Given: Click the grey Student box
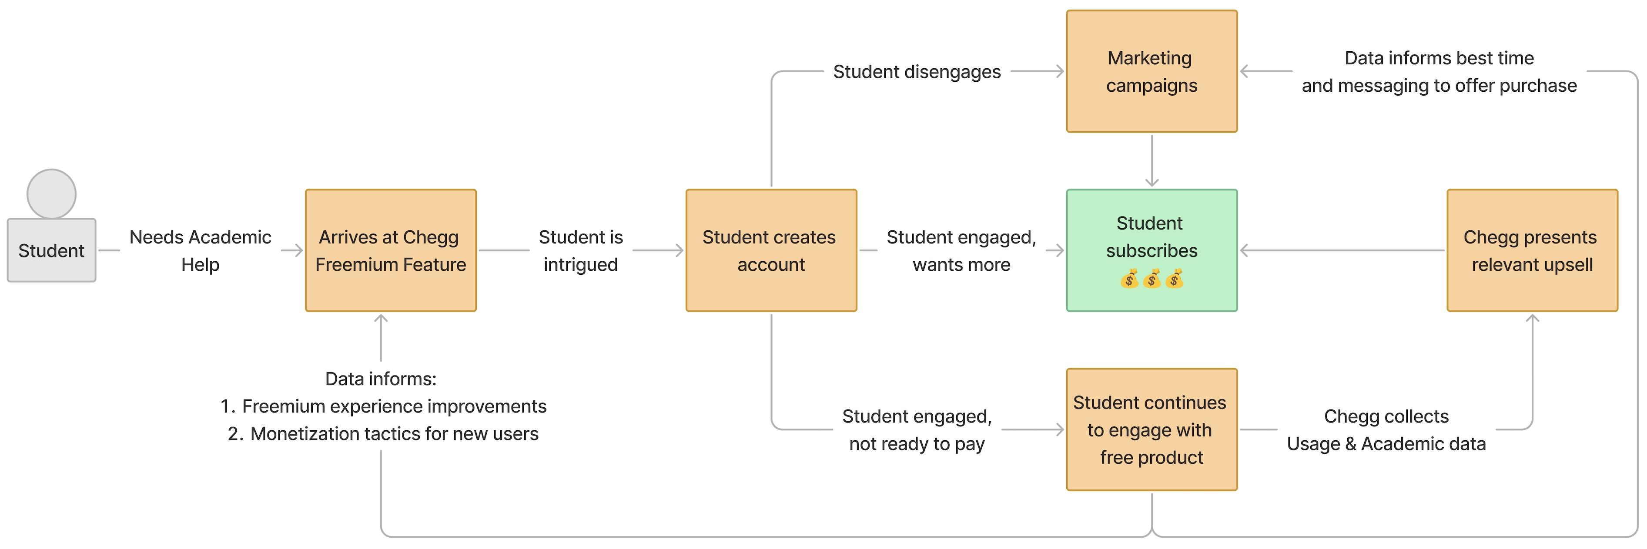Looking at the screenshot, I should point(51,250).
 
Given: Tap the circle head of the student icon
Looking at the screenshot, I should point(51,194).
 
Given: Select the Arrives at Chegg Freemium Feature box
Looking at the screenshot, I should point(391,250).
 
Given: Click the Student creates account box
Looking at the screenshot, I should point(771,250).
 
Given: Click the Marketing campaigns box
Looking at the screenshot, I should point(1152,72).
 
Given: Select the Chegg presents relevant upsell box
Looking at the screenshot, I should point(1532,250).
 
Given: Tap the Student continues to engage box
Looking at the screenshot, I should point(1152,429).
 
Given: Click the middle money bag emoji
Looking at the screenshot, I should point(1152,279).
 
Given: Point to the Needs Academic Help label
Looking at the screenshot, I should point(200,250).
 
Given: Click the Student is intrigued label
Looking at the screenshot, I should point(581,250).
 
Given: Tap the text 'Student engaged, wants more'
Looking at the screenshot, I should point(961,250).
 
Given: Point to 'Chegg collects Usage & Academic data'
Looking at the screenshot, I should point(1386,429).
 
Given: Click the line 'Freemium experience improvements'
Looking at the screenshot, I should point(393,406).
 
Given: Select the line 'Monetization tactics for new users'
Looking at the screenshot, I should point(393,434).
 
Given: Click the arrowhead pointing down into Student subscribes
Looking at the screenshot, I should point(1152,183).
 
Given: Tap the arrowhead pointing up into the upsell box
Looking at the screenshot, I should point(1532,318).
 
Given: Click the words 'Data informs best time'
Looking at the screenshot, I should point(1439,58).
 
